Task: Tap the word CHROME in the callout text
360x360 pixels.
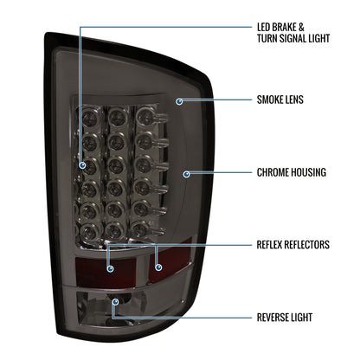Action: point(273,172)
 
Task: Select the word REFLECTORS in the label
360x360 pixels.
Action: point(307,245)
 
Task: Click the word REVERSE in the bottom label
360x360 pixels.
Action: point(271,318)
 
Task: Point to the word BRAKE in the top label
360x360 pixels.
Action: point(284,28)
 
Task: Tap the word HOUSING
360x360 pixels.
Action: point(308,172)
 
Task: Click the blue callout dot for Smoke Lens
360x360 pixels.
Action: point(179,101)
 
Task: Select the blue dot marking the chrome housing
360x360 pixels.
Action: point(187,174)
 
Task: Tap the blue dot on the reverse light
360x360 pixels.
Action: point(116,302)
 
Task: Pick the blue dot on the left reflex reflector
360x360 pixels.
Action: point(110,269)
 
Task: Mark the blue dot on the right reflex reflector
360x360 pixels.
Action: point(158,267)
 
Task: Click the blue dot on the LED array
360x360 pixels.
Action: point(82,165)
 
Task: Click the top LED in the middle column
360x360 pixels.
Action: point(116,116)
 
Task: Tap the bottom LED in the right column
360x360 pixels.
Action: point(142,229)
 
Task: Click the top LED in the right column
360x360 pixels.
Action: point(145,116)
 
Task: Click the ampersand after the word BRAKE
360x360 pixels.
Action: point(301,28)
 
